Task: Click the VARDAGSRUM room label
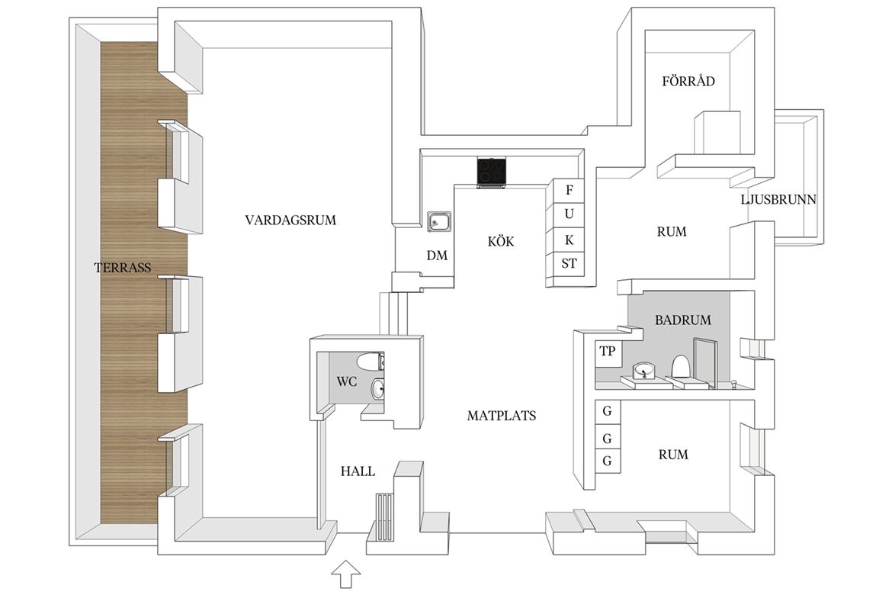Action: (290, 220)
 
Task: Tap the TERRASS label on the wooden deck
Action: (122, 267)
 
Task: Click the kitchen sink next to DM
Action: (439, 222)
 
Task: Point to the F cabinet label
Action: (569, 190)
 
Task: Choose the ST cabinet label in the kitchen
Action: (569, 263)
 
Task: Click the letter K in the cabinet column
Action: (569, 240)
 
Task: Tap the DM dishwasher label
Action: (437, 255)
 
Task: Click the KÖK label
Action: (501, 241)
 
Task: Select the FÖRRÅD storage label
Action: (688, 81)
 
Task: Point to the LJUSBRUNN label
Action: (778, 199)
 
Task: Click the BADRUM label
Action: (682, 320)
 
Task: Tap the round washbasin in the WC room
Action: (377, 390)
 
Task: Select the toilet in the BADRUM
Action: (680, 367)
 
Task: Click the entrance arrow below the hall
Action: (346, 574)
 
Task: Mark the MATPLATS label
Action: (501, 416)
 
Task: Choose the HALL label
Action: (358, 471)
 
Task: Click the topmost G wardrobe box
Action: (607, 412)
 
